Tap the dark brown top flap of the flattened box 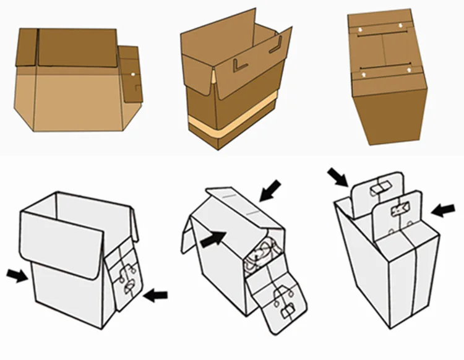click(77, 47)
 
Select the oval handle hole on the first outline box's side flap click(129, 288)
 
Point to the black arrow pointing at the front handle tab click(442, 210)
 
